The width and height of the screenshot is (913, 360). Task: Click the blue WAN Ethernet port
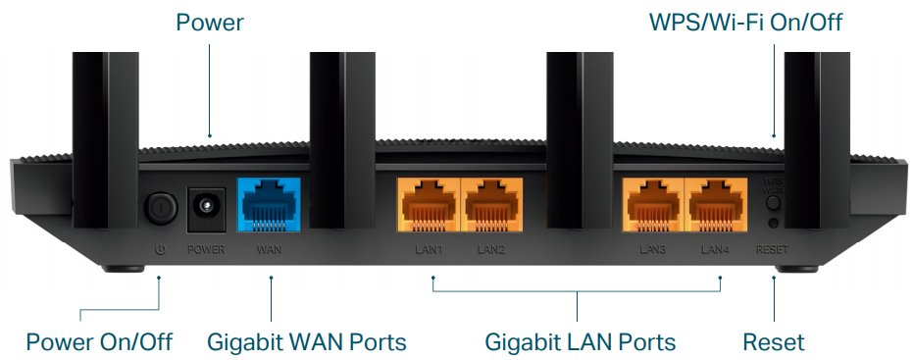point(269,205)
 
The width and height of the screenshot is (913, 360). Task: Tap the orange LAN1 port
point(428,206)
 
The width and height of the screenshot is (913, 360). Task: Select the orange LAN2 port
point(491,206)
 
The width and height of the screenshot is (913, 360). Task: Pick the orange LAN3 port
point(651,206)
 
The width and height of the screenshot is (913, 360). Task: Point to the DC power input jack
point(206,207)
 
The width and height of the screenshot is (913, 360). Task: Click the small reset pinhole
point(774,225)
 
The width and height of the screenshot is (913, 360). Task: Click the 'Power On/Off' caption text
point(99,342)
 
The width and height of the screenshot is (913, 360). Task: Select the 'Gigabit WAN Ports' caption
point(306,342)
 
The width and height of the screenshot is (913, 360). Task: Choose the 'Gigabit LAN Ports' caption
point(580,342)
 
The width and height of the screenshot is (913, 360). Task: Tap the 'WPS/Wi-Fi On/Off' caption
point(745,21)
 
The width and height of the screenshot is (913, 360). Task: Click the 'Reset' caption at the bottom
point(774,342)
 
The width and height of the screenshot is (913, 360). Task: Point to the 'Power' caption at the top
point(210,21)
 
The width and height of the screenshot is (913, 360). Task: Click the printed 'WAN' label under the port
point(269,250)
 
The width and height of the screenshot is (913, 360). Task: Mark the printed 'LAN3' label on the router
point(652,250)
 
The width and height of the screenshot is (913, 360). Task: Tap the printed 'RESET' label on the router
point(773,250)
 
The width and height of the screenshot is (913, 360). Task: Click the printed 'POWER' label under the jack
point(206,250)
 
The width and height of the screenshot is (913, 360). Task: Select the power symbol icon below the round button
point(159,249)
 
